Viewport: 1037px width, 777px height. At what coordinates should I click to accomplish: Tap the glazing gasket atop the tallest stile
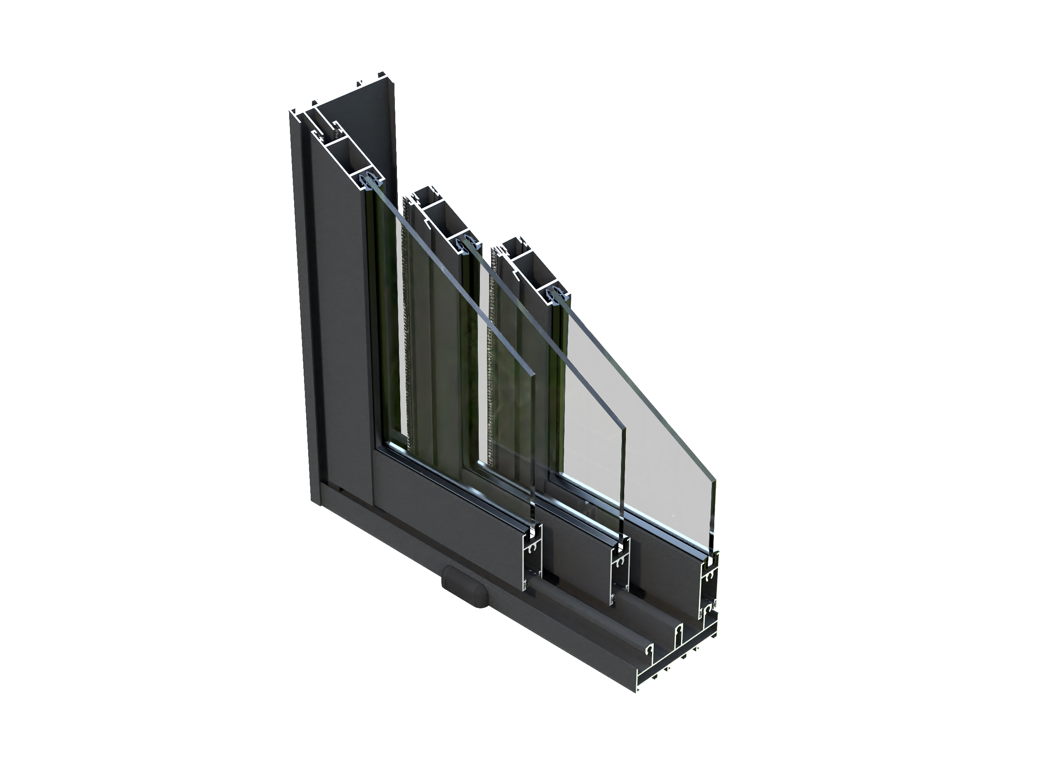[370, 180]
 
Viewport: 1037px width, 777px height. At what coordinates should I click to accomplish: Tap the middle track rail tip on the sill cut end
[678, 633]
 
